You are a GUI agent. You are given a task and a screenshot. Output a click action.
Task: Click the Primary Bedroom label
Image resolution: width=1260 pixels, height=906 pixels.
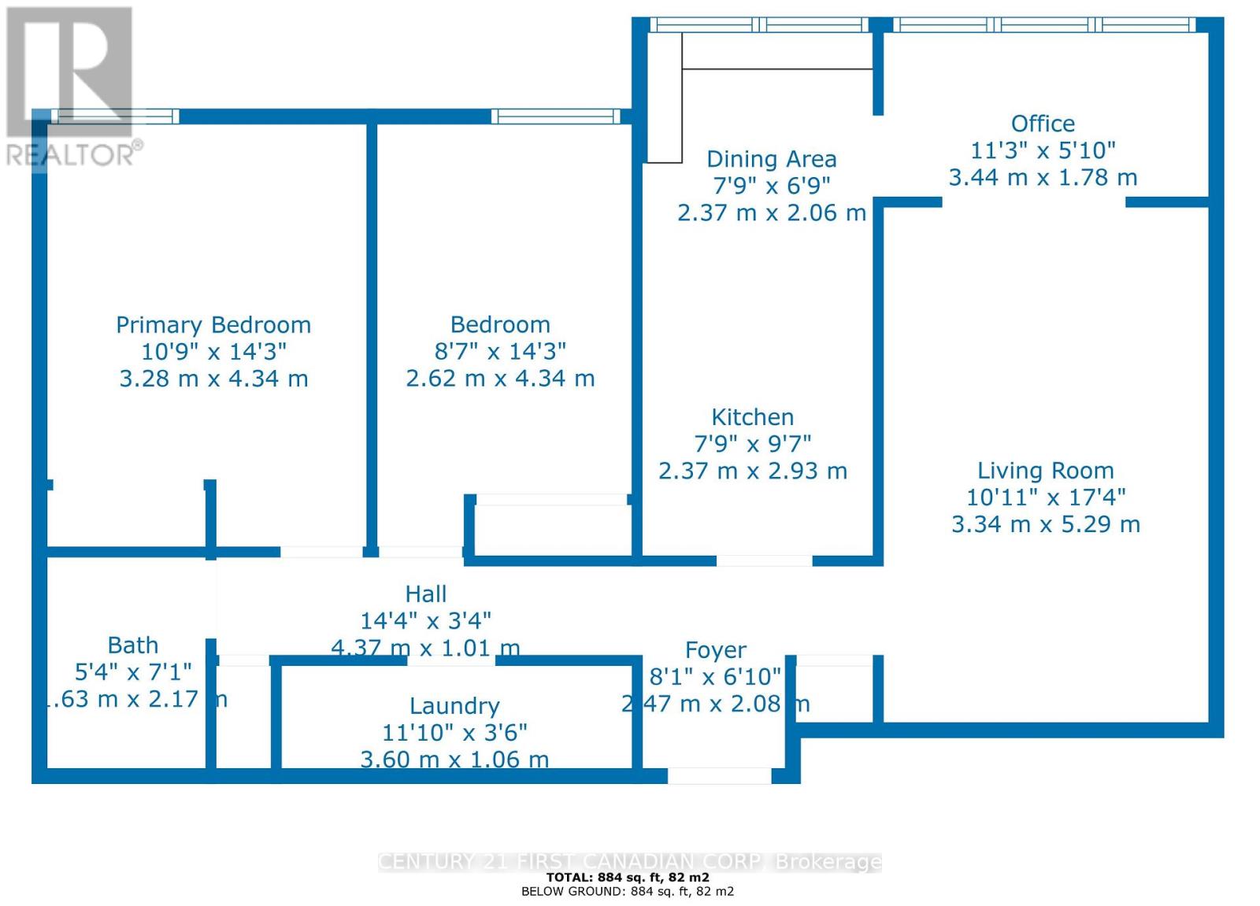coord(213,325)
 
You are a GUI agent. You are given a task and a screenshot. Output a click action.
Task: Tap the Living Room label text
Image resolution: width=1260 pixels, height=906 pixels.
coord(1045,471)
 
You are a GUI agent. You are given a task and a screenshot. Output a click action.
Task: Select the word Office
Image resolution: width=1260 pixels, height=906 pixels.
coord(1043,124)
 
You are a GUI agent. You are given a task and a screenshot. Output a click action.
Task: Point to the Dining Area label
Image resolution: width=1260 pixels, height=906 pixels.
coord(771,159)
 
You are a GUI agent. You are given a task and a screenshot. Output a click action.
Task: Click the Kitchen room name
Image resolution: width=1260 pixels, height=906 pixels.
coord(752,417)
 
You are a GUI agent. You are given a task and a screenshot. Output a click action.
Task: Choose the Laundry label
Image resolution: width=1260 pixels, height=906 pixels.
coord(454,706)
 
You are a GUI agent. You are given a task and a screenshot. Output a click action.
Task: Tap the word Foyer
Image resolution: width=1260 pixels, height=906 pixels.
coord(715,650)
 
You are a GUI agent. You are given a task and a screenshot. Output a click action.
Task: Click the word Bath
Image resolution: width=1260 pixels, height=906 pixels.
coord(133,645)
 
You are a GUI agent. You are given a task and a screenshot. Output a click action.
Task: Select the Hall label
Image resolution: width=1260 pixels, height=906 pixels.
coord(426,594)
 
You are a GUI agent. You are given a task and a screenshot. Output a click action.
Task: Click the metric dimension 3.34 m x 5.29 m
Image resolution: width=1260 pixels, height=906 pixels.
coord(1045,524)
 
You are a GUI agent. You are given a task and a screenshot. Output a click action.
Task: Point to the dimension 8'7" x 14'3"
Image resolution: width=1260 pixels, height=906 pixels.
coord(500,351)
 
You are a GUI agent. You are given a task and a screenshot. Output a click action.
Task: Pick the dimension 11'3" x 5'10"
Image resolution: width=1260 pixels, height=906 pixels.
coord(1043,150)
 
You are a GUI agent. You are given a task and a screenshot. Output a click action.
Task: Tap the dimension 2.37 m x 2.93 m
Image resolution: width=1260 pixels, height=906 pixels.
coord(752,471)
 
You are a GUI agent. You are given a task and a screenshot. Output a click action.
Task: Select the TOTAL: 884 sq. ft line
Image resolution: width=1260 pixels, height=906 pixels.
coord(628,877)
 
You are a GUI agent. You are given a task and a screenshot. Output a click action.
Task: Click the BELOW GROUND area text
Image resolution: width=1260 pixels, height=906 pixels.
coord(628,891)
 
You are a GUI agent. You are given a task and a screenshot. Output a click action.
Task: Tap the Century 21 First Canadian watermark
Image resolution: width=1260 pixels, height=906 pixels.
coord(629,862)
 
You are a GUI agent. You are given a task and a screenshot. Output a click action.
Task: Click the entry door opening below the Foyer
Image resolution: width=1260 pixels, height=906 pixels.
coord(719,775)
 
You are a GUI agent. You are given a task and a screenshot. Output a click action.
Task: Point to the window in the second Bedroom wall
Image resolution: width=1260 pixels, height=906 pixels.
coord(556,116)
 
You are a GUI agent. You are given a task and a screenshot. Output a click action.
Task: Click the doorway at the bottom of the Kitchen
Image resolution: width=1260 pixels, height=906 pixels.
coord(764,560)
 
